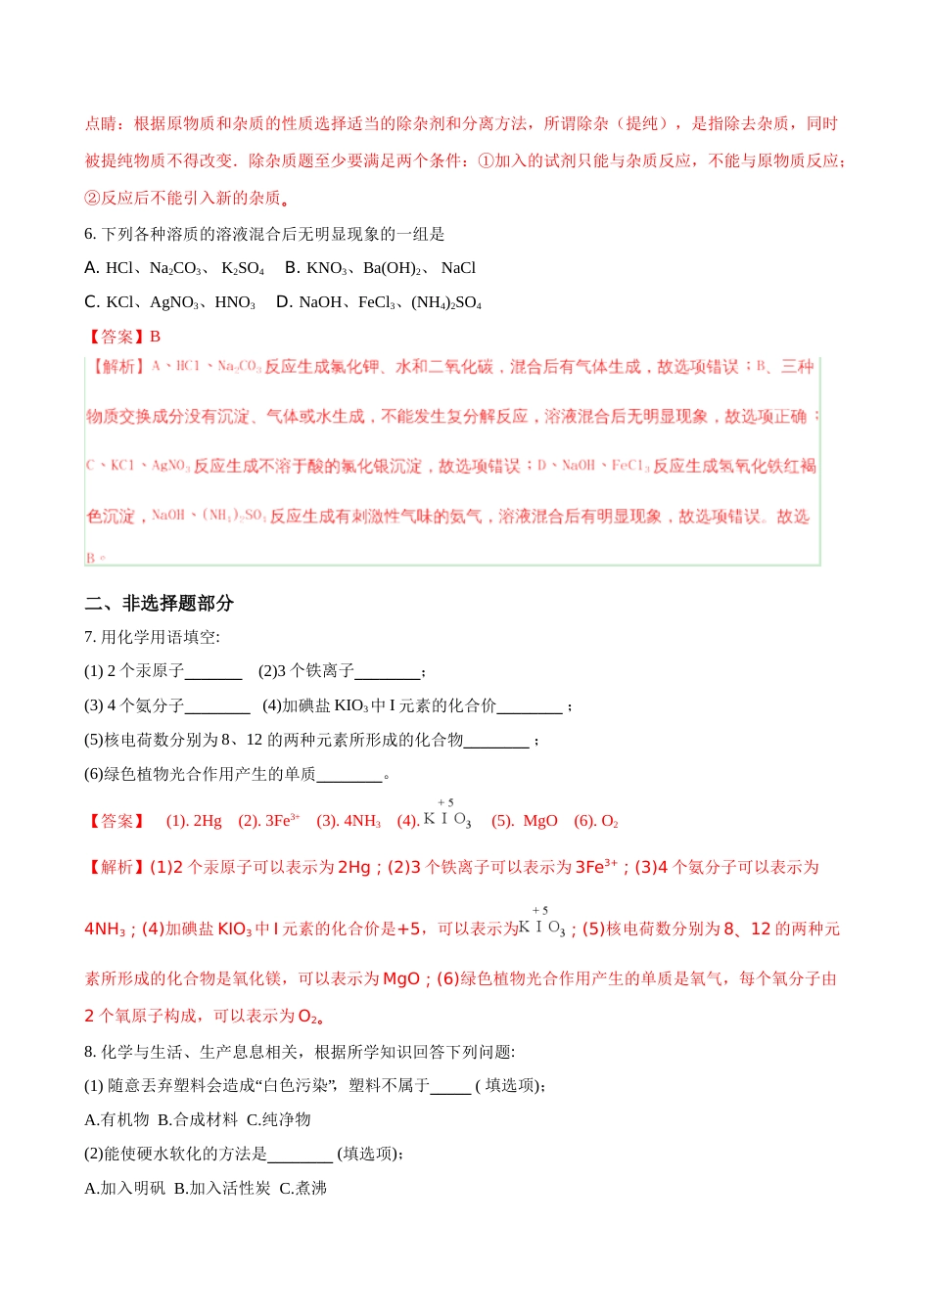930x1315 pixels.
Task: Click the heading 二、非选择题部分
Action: (159, 603)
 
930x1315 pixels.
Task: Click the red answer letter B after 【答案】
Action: (155, 337)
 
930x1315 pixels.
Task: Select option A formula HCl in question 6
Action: (119, 268)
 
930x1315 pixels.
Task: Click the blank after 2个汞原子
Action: (213, 671)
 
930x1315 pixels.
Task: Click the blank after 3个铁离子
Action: (387, 671)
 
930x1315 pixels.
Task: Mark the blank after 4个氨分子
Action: (217, 705)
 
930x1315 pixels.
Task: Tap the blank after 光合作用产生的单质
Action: (349, 774)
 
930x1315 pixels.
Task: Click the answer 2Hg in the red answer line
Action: (208, 821)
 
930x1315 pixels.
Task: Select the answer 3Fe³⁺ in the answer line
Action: (283, 821)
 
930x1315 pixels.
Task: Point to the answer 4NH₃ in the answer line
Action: (362, 821)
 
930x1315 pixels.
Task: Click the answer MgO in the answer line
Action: (540, 821)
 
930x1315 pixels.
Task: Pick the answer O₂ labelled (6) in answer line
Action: (610, 821)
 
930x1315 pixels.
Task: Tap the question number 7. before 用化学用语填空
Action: (90, 637)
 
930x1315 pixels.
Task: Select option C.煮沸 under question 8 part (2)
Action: (302, 1188)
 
